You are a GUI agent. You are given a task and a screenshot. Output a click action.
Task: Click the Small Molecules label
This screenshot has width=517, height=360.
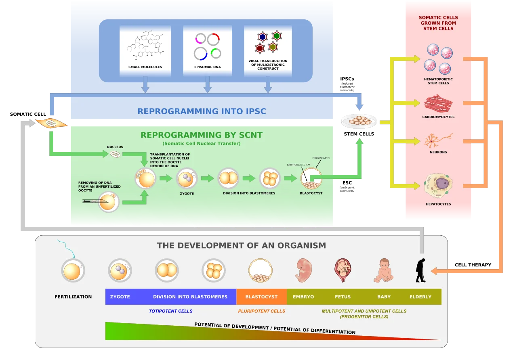(145, 67)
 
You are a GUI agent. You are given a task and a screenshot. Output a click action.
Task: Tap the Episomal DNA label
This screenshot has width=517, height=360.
(207, 67)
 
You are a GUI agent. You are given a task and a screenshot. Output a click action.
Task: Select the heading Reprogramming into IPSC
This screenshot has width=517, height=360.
(202, 111)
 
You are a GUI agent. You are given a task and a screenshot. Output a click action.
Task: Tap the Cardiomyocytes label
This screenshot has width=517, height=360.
(438, 117)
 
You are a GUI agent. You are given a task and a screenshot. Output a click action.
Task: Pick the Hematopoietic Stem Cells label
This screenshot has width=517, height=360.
(438, 81)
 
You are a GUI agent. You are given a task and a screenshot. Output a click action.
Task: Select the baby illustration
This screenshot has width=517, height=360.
(384, 270)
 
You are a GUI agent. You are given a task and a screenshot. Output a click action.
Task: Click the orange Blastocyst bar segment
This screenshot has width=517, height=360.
(261, 297)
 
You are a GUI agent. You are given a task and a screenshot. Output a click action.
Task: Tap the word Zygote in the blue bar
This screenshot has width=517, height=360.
(120, 297)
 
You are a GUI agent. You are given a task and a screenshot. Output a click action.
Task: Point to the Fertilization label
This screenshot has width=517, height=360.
(73, 297)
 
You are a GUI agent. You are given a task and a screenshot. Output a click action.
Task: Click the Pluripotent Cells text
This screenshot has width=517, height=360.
(261, 311)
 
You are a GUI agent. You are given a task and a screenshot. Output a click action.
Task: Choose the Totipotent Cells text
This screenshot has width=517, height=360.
(170, 311)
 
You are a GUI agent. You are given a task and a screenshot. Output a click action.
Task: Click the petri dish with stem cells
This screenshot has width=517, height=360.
(359, 121)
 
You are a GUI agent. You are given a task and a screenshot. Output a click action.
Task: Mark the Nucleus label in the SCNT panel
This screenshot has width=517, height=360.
(115, 147)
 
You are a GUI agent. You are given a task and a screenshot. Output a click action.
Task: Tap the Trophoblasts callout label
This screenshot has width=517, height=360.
(321, 158)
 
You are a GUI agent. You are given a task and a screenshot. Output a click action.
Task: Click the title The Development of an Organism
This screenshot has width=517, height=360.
(241, 245)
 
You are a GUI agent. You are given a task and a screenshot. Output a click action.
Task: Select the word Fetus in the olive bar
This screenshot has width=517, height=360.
(343, 297)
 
